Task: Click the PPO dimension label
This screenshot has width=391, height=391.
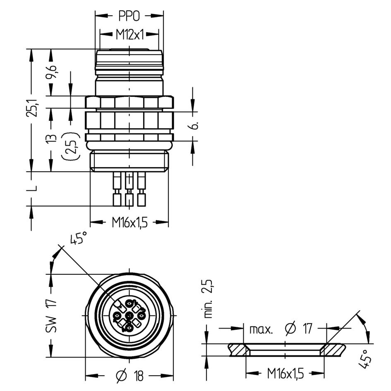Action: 129,16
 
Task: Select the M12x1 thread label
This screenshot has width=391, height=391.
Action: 130,35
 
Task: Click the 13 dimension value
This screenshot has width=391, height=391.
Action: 51,139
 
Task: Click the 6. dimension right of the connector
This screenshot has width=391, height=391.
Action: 196,125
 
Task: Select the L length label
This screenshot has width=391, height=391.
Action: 32,188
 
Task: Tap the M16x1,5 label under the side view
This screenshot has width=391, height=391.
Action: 130,222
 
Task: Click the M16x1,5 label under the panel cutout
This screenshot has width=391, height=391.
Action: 285,374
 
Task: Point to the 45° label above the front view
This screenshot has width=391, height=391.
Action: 79,237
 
